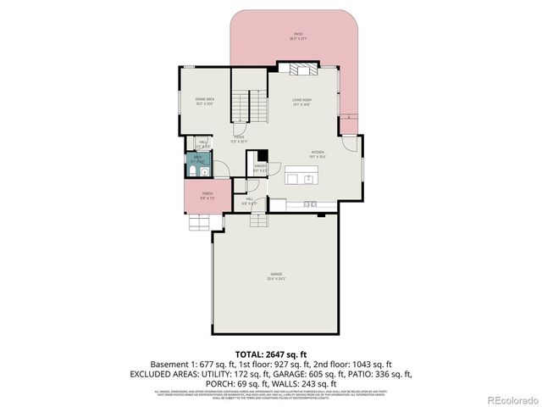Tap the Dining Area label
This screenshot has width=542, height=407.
[x=204, y=101]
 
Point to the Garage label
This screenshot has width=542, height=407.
[x=276, y=275]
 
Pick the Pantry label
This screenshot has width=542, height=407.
[x=261, y=168]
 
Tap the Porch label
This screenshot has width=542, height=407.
[x=207, y=196]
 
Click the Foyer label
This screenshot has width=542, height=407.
[x=240, y=138]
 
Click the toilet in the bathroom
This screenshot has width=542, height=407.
[x=193, y=172]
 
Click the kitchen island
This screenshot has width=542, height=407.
[x=302, y=178]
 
